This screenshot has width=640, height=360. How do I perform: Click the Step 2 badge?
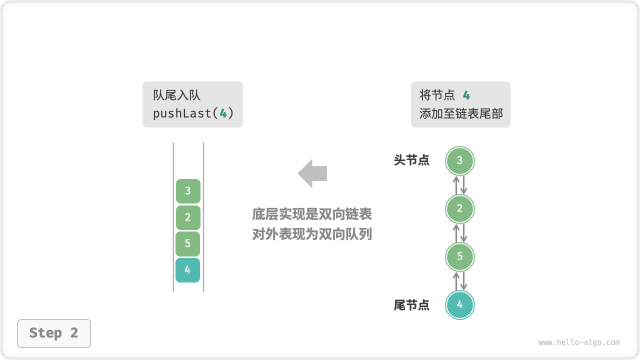click(54, 333)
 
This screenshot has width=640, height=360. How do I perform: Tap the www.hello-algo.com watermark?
click(579, 342)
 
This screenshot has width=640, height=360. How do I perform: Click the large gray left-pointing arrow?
click(312, 173)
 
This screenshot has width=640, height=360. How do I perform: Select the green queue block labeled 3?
click(188, 191)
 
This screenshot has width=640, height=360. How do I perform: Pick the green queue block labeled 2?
click(188, 217)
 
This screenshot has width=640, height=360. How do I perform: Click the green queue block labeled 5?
click(188, 244)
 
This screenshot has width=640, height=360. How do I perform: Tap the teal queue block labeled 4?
click(188, 270)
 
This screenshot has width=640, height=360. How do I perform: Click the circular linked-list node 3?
click(460, 160)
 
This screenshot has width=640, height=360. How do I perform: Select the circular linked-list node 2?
click(460, 209)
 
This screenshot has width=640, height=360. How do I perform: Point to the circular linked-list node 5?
click(460, 256)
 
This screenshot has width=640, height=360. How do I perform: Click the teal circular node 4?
click(460, 304)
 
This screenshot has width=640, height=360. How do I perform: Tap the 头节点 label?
click(411, 160)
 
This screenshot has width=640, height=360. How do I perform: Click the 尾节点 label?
click(411, 305)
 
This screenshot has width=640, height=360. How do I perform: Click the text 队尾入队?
click(177, 95)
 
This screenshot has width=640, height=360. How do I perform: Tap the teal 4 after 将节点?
click(466, 95)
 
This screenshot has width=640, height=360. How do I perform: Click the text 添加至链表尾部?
click(461, 113)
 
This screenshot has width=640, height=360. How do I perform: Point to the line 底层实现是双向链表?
click(312, 214)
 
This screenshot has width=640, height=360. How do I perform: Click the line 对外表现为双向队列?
click(312, 234)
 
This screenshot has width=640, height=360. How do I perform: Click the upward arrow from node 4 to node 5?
click(456, 281)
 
